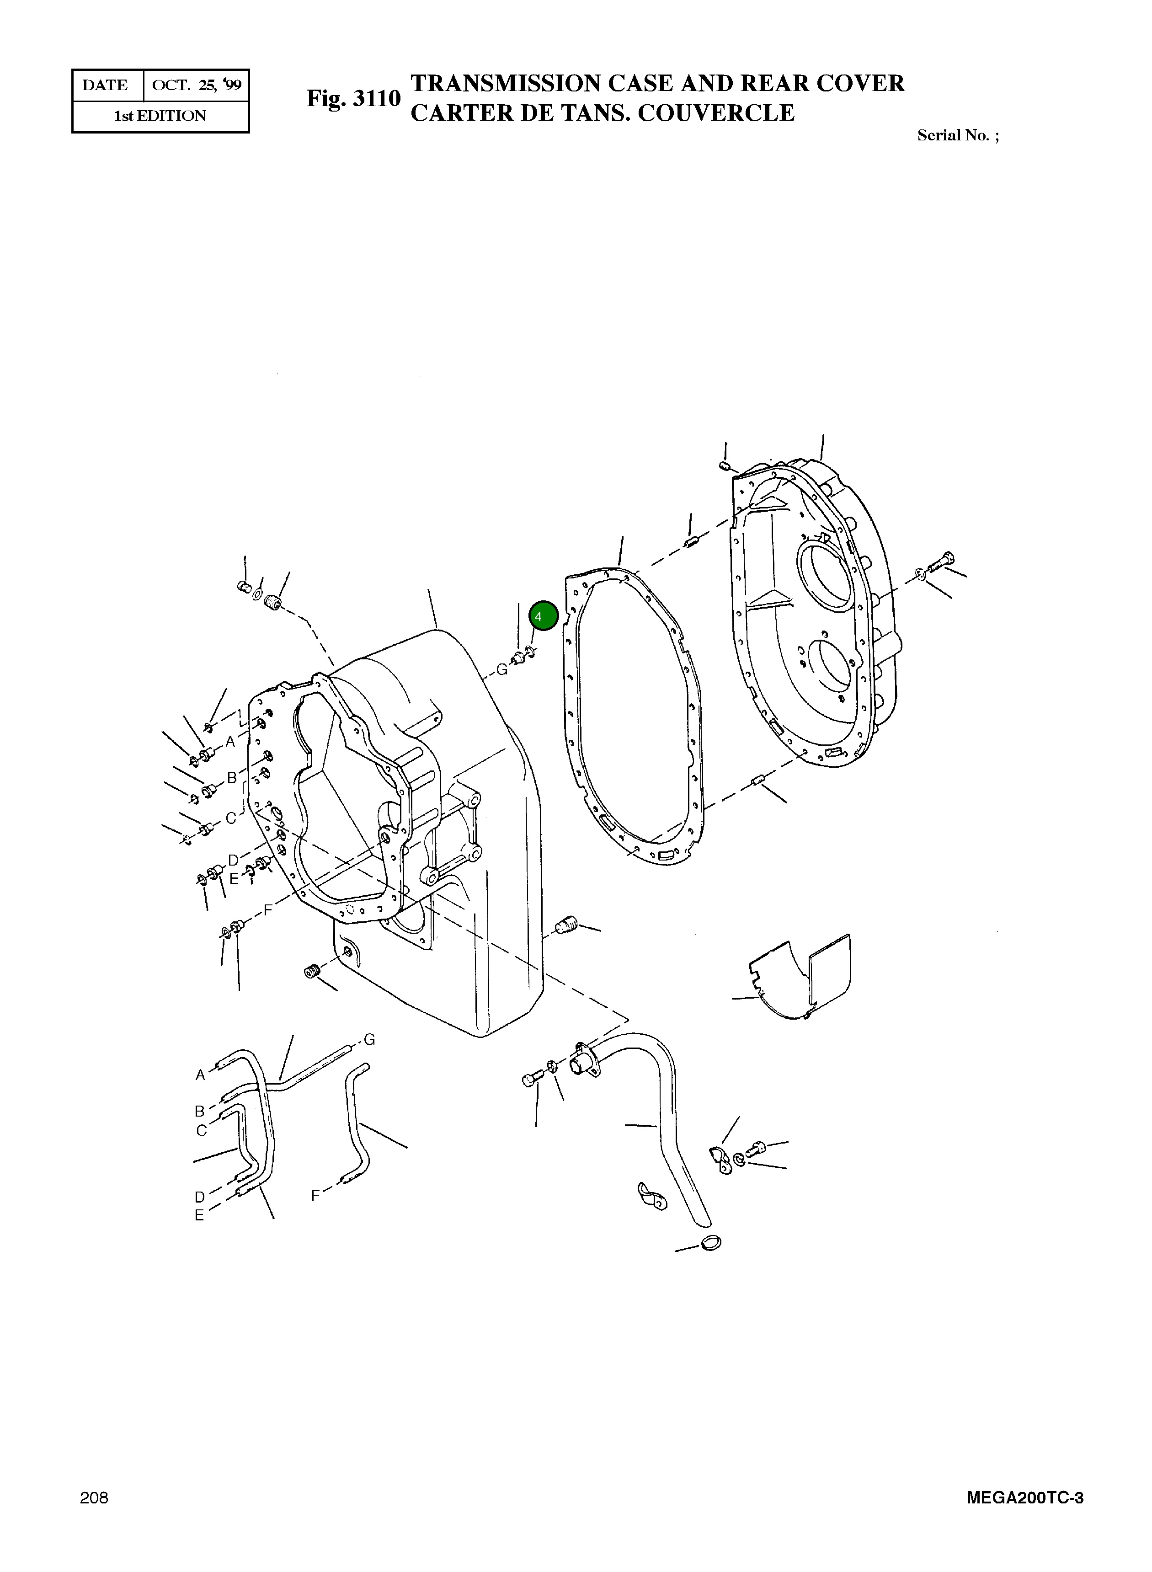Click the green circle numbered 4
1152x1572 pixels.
[x=543, y=616]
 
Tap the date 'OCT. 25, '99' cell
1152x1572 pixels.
[x=196, y=85]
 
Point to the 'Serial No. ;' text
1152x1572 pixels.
[x=957, y=135]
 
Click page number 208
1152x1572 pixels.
[x=94, y=1497]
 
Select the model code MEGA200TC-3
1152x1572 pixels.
[x=1024, y=1497]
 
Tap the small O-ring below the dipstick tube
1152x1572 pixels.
[x=710, y=1243]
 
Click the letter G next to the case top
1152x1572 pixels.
[x=501, y=669]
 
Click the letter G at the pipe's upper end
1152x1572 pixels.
[x=369, y=1040]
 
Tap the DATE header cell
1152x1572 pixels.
[x=105, y=85]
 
